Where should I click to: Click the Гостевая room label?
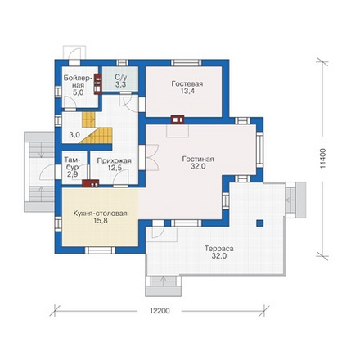(187, 83)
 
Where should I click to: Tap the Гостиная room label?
(198, 159)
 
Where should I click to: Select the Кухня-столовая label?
(100, 214)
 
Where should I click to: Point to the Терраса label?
(219, 249)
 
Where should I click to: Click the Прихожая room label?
(115, 161)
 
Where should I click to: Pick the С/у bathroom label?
(120, 77)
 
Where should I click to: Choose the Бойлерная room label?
(77, 82)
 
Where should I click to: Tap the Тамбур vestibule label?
(72, 163)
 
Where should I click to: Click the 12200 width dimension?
(160, 311)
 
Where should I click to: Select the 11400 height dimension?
(323, 158)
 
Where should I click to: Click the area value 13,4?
(187, 91)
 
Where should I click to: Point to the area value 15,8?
(101, 221)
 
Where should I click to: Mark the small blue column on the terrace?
(260, 223)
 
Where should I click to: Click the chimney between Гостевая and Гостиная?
(178, 120)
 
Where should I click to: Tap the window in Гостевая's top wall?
(187, 63)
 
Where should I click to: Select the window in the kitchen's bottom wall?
(100, 250)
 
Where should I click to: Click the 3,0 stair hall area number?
(74, 135)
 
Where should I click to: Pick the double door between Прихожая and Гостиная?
(151, 157)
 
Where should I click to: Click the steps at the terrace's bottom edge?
(163, 281)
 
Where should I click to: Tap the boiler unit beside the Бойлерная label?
(97, 84)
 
